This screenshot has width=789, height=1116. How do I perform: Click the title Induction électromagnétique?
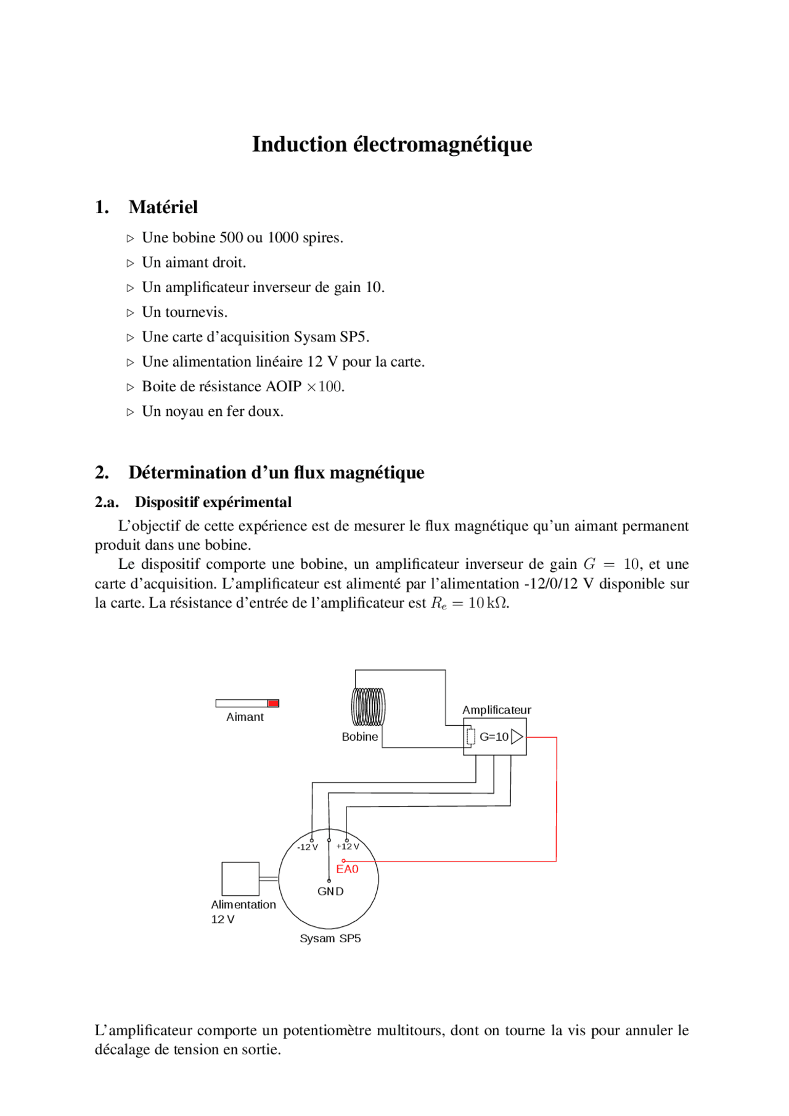pyautogui.click(x=392, y=144)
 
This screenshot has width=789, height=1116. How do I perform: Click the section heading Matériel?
pyautogui.click(x=163, y=207)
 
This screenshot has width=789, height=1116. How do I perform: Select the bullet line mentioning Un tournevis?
pyautogui.click(x=184, y=312)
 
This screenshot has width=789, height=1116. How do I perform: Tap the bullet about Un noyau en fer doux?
pyautogui.click(x=212, y=412)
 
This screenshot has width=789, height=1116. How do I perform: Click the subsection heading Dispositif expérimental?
pyautogui.click(x=213, y=502)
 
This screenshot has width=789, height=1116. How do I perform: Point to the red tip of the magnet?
pyautogui.click(x=273, y=703)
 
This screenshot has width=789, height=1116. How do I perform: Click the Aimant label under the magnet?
pyautogui.click(x=245, y=717)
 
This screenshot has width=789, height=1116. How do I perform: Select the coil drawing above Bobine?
pyautogui.click(x=369, y=706)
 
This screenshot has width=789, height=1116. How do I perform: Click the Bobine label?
pyautogui.click(x=360, y=737)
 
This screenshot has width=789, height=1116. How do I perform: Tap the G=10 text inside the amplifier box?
pyautogui.click(x=494, y=737)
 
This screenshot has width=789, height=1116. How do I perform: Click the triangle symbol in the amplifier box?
pyautogui.click(x=517, y=737)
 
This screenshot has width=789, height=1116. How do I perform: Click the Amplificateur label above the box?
pyautogui.click(x=496, y=710)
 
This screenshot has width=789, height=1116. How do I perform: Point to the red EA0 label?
pyautogui.click(x=347, y=870)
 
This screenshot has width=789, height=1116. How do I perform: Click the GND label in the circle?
pyautogui.click(x=330, y=892)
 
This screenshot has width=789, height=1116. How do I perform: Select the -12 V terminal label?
pyautogui.click(x=307, y=847)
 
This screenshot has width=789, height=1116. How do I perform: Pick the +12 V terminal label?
pyautogui.click(x=348, y=847)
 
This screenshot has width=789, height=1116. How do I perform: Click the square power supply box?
pyautogui.click(x=240, y=879)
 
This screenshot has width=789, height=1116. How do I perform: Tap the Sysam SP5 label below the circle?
pyautogui.click(x=330, y=939)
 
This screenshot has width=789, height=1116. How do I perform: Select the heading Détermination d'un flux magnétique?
pyautogui.click(x=276, y=473)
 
